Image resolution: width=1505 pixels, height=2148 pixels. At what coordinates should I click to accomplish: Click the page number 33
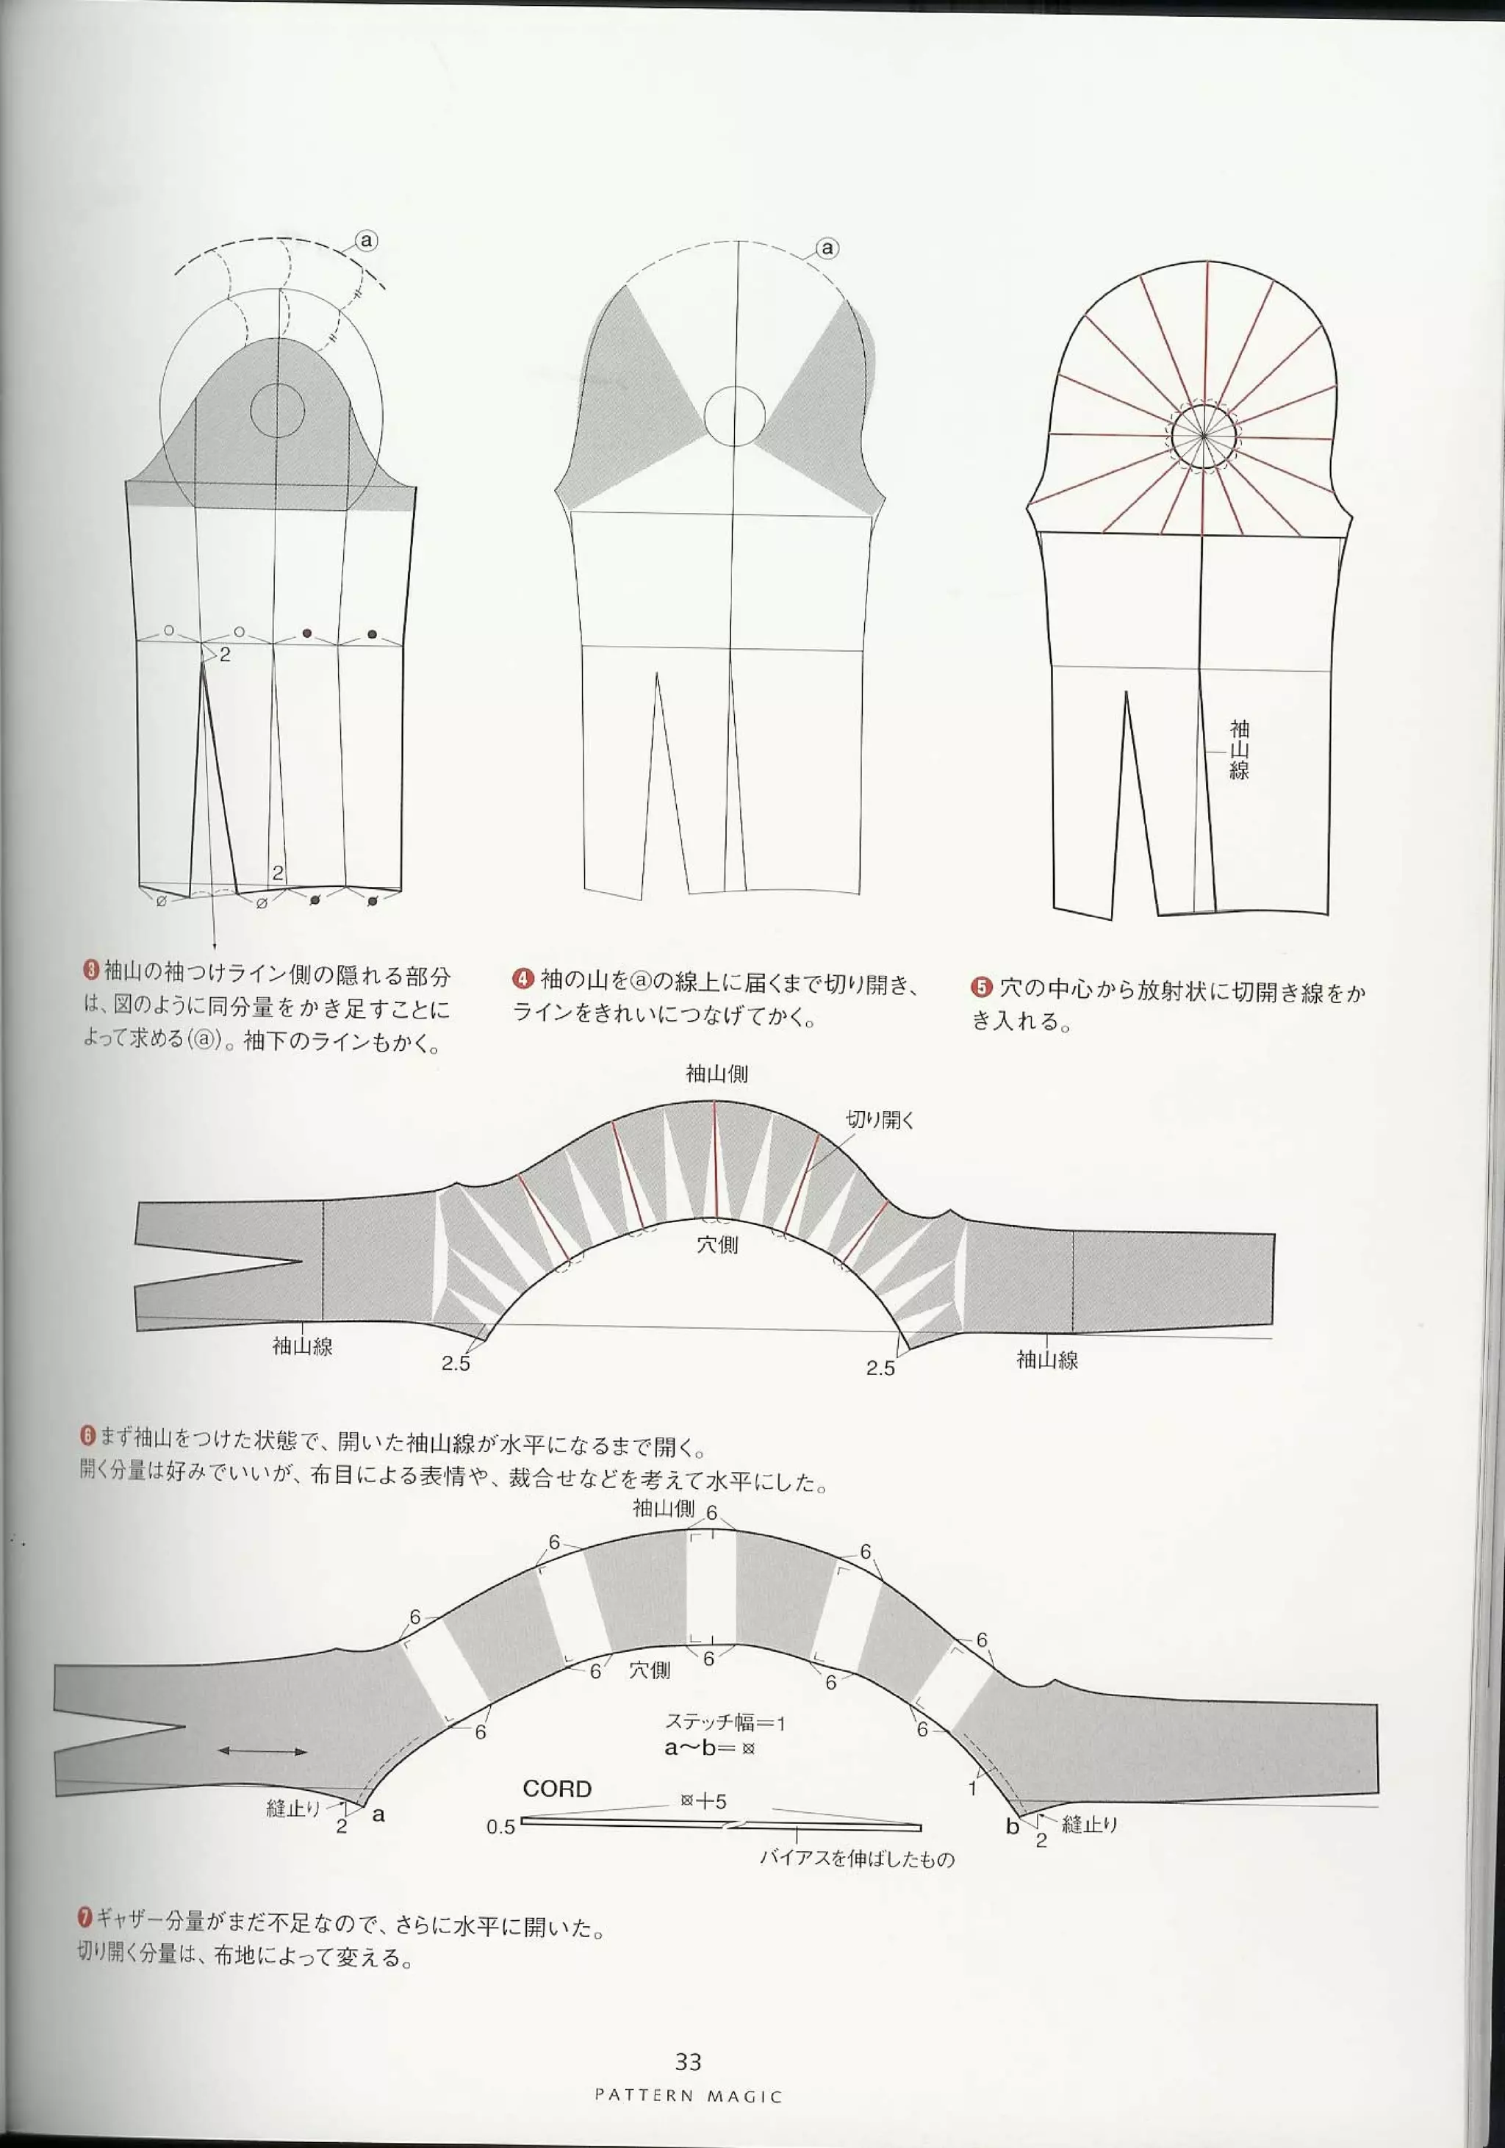(688, 2062)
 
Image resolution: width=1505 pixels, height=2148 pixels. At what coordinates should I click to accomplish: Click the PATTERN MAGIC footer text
(688, 2097)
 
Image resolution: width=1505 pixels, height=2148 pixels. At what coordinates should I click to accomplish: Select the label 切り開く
(879, 1119)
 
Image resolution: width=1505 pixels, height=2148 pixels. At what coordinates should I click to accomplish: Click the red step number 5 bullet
(980, 988)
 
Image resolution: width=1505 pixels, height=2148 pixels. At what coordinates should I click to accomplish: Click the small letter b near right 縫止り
(1011, 1826)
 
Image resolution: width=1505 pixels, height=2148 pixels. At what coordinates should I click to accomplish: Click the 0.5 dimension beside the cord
(500, 1827)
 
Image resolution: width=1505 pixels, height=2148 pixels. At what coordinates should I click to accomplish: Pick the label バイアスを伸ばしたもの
(856, 1859)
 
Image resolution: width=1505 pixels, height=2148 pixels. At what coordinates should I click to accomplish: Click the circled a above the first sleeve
(367, 240)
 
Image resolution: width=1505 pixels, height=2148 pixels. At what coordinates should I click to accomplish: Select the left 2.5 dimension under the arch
(456, 1363)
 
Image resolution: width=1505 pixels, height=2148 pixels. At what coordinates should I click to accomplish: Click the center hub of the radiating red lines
(1203, 436)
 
